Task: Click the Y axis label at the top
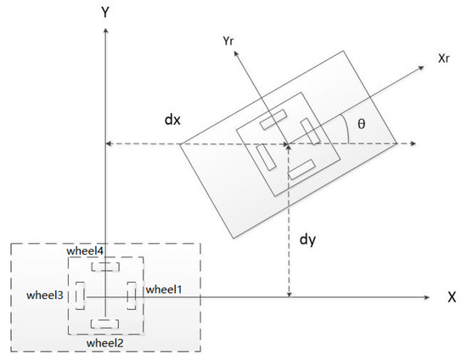point(105,12)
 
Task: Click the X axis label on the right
point(452,297)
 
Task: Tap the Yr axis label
point(228,41)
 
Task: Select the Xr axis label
point(443,59)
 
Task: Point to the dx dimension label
point(172,120)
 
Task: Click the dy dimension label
point(307,239)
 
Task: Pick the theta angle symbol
point(361,123)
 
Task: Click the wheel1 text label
point(164,290)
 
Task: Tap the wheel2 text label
point(104,343)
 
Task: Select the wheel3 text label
point(45,295)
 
